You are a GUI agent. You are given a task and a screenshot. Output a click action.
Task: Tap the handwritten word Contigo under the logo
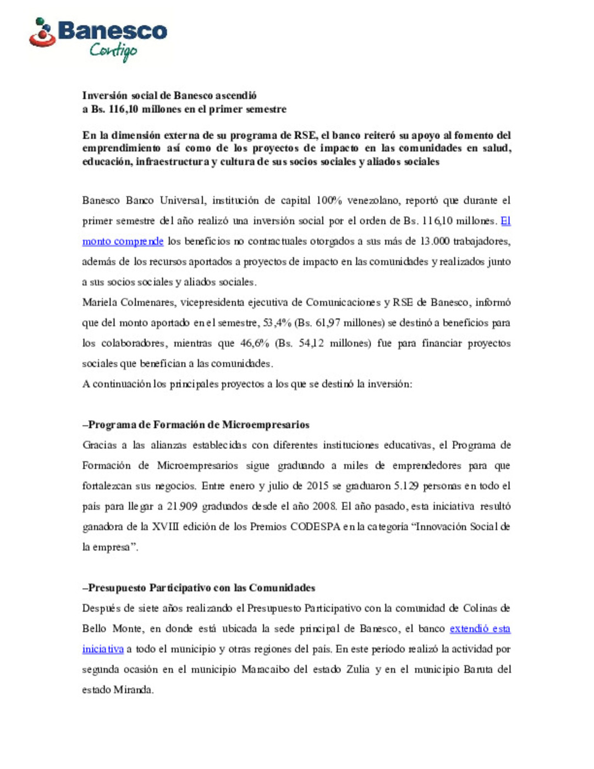113,51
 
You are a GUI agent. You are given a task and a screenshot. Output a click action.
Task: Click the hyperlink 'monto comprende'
123,241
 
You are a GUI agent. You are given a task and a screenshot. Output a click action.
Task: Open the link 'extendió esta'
480,629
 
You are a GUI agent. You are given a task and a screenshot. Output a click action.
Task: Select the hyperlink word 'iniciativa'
103,649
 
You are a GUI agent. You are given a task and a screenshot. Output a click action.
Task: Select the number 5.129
406,486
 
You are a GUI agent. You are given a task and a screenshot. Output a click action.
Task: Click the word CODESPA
315,527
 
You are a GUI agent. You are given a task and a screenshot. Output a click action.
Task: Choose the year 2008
324,507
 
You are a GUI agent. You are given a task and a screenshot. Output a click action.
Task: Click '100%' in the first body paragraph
329,201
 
